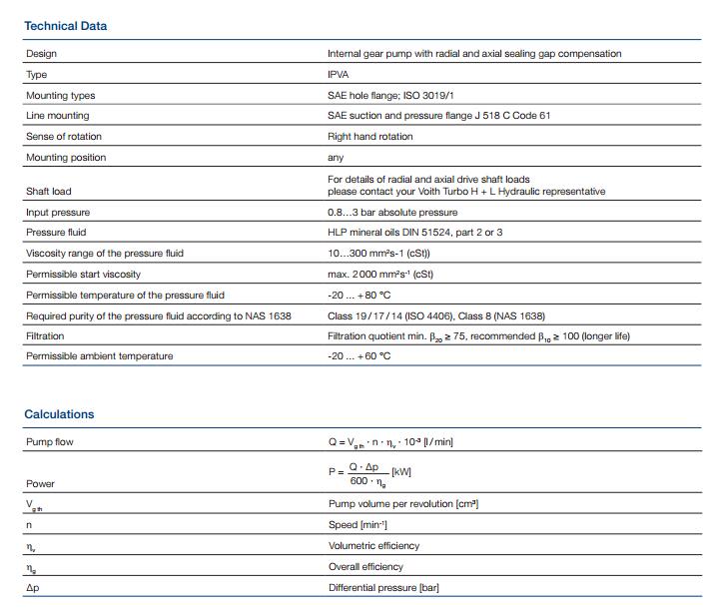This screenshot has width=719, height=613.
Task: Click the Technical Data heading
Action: [65, 26]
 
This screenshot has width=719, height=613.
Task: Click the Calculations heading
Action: [59, 414]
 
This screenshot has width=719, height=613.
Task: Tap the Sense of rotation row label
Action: [64, 136]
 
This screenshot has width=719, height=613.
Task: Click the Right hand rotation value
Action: [369, 136]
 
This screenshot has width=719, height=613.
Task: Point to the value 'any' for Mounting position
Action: [336, 157]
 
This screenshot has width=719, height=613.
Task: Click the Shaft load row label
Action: [49, 191]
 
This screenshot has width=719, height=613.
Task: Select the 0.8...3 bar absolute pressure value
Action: [392, 212]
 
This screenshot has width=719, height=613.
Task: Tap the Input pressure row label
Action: [58, 212]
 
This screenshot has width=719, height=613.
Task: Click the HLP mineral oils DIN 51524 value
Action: [415, 233]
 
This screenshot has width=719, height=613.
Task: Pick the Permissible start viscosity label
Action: [84, 274]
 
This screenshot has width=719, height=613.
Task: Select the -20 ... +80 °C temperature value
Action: [359, 295]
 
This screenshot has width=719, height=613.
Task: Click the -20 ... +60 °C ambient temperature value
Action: [359, 356]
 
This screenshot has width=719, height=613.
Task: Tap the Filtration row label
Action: [45, 336]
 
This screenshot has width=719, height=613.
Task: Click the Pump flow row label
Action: [50, 441]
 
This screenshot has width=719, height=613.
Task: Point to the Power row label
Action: [41, 483]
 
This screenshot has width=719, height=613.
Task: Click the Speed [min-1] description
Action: [358, 525]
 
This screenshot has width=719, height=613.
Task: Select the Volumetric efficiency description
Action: [373, 546]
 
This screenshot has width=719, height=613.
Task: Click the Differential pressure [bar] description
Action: [383, 588]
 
